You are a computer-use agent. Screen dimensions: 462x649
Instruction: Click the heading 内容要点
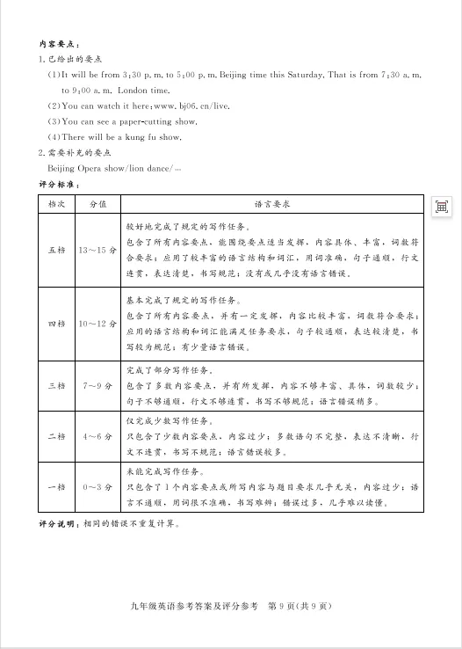tap(60, 43)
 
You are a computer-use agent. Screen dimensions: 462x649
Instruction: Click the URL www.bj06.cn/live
tap(172, 106)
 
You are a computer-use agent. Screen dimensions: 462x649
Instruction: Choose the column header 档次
tap(56, 203)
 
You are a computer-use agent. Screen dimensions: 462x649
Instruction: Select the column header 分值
tap(98, 203)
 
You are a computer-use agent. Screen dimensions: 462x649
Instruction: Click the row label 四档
tap(56, 324)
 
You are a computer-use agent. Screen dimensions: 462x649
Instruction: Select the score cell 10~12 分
tap(98, 324)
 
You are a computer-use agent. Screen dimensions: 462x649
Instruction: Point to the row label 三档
tap(56, 385)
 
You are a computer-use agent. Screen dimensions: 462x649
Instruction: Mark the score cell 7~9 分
tap(98, 385)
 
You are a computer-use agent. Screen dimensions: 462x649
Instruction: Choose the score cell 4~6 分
tap(98, 436)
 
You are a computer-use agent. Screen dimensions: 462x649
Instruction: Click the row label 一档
tap(56, 486)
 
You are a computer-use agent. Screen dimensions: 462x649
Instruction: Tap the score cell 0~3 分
tap(98, 486)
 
